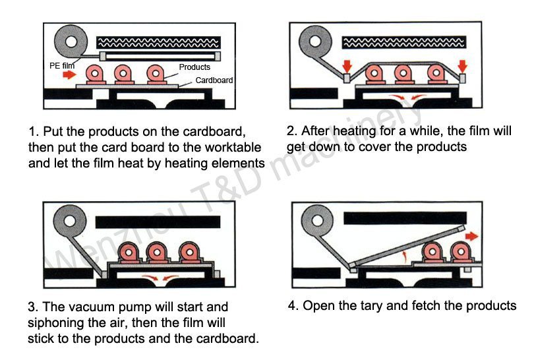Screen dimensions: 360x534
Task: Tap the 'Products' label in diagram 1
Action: click(x=194, y=67)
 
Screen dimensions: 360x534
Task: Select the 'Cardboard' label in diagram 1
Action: click(x=214, y=80)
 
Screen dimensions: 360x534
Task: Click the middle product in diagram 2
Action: click(x=403, y=75)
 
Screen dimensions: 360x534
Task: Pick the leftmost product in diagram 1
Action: click(x=94, y=75)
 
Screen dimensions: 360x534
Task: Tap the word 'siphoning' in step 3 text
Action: click(x=55, y=324)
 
